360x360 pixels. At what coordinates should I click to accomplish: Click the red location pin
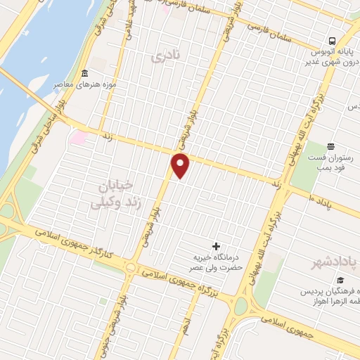click(x=181, y=165)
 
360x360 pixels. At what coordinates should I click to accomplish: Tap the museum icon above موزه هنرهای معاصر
click(x=84, y=74)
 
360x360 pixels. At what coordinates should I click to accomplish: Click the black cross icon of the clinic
click(x=216, y=246)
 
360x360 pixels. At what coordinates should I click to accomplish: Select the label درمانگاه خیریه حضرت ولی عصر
click(x=219, y=262)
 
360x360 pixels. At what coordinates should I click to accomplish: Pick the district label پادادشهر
click(x=335, y=262)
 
